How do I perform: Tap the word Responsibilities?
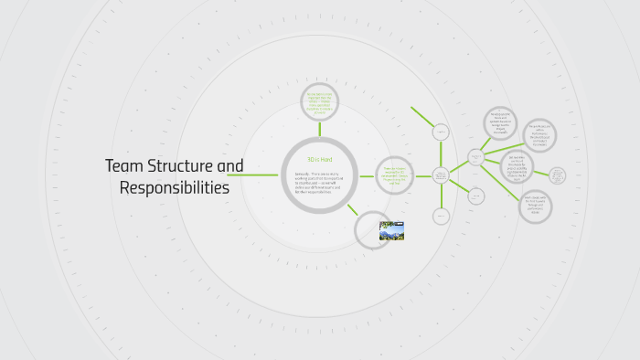click(x=175, y=188)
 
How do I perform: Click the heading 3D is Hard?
click(x=319, y=160)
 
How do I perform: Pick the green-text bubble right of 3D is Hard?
click(x=395, y=174)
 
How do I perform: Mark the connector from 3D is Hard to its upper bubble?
click(x=319, y=130)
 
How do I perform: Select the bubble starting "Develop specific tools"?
click(x=500, y=123)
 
